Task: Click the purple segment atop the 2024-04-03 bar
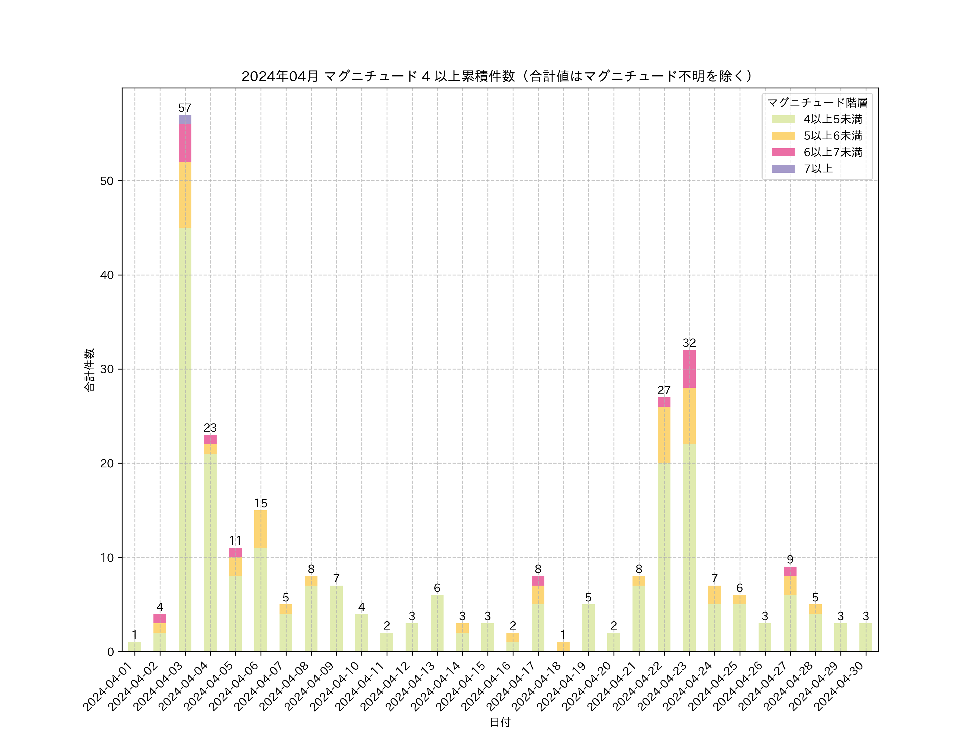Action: [x=185, y=119]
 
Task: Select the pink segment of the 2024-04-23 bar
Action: [x=689, y=369]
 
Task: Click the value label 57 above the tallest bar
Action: [x=185, y=108]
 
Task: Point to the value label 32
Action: [x=689, y=343]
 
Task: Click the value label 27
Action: [x=664, y=390]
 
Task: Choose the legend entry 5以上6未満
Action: [x=832, y=136]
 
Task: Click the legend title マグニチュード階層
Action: [x=817, y=103]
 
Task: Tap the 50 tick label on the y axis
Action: [x=107, y=181]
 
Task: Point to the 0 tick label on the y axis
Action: [x=110, y=652]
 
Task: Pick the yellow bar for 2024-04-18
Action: [x=563, y=647]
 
